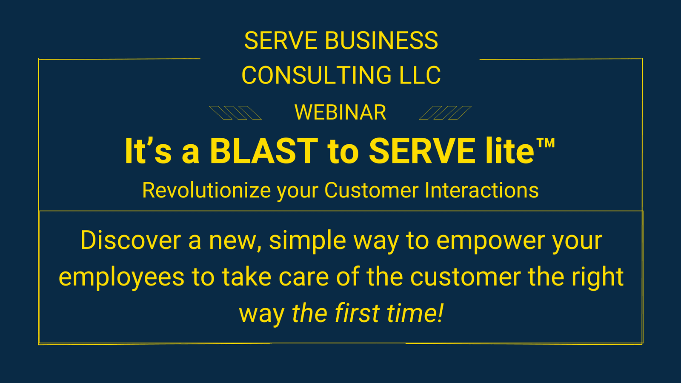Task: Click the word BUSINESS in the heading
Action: pyautogui.click(x=381, y=40)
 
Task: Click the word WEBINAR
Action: pyautogui.click(x=340, y=112)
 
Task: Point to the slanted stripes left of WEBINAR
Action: pyautogui.click(x=235, y=113)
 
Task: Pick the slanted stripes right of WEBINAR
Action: pyautogui.click(x=445, y=113)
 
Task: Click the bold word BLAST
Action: pyautogui.click(x=264, y=151)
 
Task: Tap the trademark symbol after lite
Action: pyautogui.click(x=545, y=143)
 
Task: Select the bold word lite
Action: pyautogui.click(x=509, y=151)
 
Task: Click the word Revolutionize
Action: pyautogui.click(x=206, y=191)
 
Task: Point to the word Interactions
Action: pyautogui.click(x=481, y=191)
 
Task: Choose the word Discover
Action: pyautogui.click(x=131, y=240)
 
